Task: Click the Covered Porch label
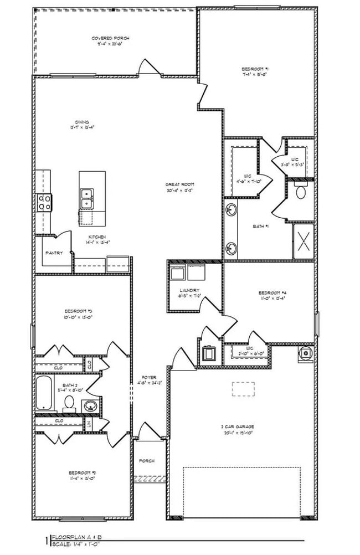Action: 111,38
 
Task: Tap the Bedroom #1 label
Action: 255,68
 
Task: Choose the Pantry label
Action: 54,253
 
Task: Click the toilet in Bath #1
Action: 301,192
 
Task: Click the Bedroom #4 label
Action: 271,292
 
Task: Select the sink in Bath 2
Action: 89,406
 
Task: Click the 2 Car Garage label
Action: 238,426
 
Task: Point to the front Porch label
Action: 147,461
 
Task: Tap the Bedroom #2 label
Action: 83,472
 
